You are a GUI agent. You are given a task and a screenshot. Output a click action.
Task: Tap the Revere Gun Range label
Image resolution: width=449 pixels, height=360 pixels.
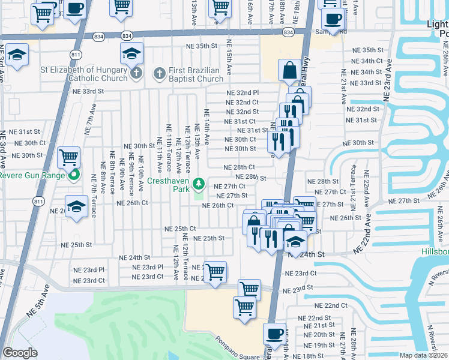coord(30,176)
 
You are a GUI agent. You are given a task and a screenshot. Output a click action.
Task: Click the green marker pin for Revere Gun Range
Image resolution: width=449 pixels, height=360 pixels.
coord(74,176)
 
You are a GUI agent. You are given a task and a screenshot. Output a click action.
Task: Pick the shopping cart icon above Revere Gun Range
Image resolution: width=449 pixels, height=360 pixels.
coord(69,158)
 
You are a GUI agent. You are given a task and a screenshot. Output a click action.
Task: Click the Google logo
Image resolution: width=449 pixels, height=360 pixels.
coord(20,353)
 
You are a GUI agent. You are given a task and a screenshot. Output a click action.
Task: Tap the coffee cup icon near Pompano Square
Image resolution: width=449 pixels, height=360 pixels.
coord(275,333)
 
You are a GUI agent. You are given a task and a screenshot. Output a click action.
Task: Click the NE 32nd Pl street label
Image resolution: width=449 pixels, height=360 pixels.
coord(243,93)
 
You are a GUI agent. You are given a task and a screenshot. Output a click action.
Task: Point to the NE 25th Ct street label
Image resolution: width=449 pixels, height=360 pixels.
coord(181,229)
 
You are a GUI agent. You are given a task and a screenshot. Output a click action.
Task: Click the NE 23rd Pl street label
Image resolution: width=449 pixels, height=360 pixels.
coord(89,270)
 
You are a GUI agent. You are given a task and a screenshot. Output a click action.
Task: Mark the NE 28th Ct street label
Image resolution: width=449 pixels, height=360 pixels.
coord(239,167)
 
